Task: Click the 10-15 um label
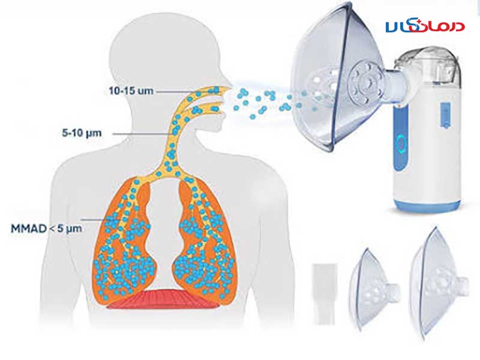click(131, 91)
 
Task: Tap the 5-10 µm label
click(82, 133)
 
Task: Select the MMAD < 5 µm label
click(47, 229)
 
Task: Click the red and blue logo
click(425, 26)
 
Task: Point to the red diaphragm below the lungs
click(163, 299)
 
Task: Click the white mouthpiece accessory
click(325, 294)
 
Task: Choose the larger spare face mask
click(438, 283)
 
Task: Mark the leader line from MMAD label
click(95, 220)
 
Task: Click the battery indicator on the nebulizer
click(445, 115)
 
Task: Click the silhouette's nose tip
click(230, 88)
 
